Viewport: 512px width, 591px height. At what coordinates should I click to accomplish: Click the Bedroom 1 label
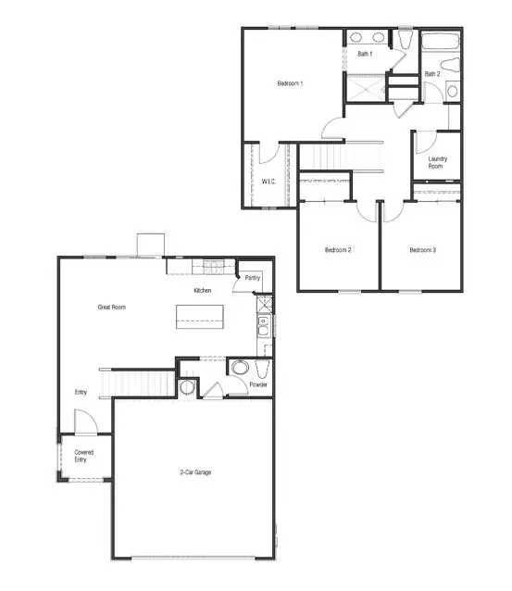pos(291,84)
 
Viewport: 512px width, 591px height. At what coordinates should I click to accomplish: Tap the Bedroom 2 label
pos(337,250)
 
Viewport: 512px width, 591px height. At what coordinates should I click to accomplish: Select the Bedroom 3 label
pos(422,250)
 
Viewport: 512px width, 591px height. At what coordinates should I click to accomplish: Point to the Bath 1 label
pos(366,54)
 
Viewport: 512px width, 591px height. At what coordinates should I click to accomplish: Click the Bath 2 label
pos(432,74)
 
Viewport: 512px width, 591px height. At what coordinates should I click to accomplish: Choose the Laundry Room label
pos(438,162)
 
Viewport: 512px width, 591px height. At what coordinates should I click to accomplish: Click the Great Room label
pos(112,307)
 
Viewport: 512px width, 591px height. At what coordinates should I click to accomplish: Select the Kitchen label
pos(203,291)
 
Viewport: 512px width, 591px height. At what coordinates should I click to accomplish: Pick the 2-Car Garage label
pos(195,472)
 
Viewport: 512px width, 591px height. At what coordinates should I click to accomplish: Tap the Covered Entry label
pos(84,455)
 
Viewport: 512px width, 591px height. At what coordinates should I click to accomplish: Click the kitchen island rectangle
pos(202,318)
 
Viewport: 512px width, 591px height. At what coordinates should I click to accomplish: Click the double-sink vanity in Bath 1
pos(367,39)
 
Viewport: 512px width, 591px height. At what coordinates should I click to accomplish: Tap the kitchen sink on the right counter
pos(264,324)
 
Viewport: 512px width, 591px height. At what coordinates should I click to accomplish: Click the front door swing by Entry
pos(85,425)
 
